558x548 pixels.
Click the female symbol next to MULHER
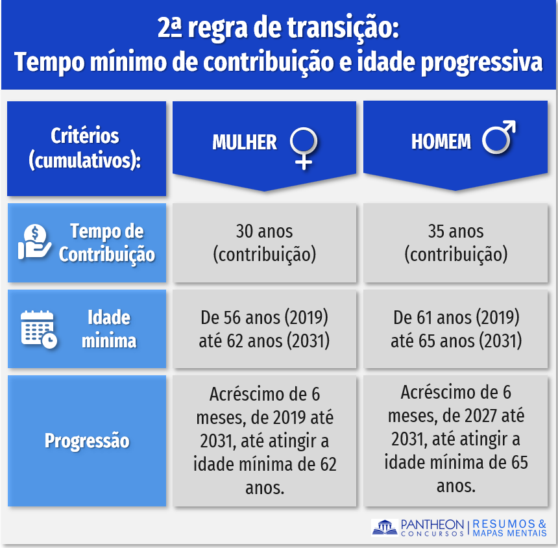(304, 143)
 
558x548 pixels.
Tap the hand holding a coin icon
(34, 242)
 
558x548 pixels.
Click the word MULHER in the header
(245, 142)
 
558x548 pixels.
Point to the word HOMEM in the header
(441, 142)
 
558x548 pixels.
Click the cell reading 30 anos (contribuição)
(265, 243)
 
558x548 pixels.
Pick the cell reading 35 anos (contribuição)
(455, 243)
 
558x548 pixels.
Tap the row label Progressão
(87, 441)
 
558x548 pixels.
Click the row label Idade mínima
(109, 329)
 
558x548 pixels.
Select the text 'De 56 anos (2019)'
(264, 318)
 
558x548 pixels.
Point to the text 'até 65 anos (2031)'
(456, 341)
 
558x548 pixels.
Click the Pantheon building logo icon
(385, 527)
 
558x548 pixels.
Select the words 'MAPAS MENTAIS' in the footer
(509, 534)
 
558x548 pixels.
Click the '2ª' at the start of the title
(170, 27)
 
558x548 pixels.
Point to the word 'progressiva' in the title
(481, 62)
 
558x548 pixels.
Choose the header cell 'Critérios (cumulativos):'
(86, 149)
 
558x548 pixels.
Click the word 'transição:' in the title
(343, 29)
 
